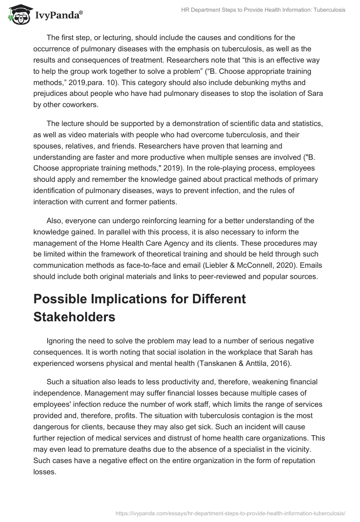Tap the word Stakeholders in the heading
click(74, 317)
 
